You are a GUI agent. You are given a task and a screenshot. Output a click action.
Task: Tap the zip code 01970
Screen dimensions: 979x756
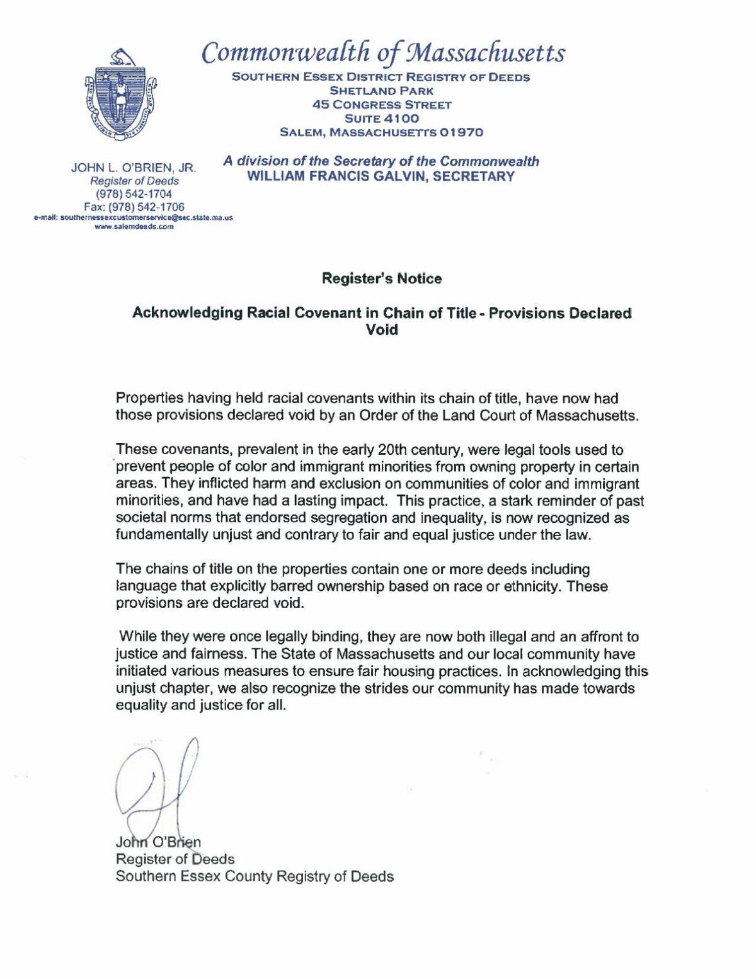pyautogui.click(x=461, y=132)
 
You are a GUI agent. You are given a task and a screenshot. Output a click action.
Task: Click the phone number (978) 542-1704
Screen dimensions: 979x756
pyautogui.click(x=134, y=194)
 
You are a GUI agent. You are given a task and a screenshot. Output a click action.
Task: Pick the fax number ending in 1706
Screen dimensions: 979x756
pyautogui.click(x=134, y=207)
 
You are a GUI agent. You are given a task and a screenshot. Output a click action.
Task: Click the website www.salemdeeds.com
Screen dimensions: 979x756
pyautogui.click(x=134, y=227)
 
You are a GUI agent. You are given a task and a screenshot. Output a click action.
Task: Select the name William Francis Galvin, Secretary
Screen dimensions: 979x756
pyautogui.click(x=381, y=176)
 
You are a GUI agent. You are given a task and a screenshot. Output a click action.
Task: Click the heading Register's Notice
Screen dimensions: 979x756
pyautogui.click(x=382, y=278)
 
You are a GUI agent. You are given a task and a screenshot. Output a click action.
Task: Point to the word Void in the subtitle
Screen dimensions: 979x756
pyautogui.click(x=382, y=329)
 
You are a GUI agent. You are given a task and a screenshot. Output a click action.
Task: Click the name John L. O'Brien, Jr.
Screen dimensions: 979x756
pyautogui.click(x=134, y=168)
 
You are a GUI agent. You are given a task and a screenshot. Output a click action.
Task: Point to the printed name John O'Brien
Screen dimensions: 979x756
pyautogui.click(x=158, y=842)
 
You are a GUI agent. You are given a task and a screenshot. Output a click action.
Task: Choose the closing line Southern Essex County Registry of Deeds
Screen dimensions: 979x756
pyautogui.click(x=255, y=876)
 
